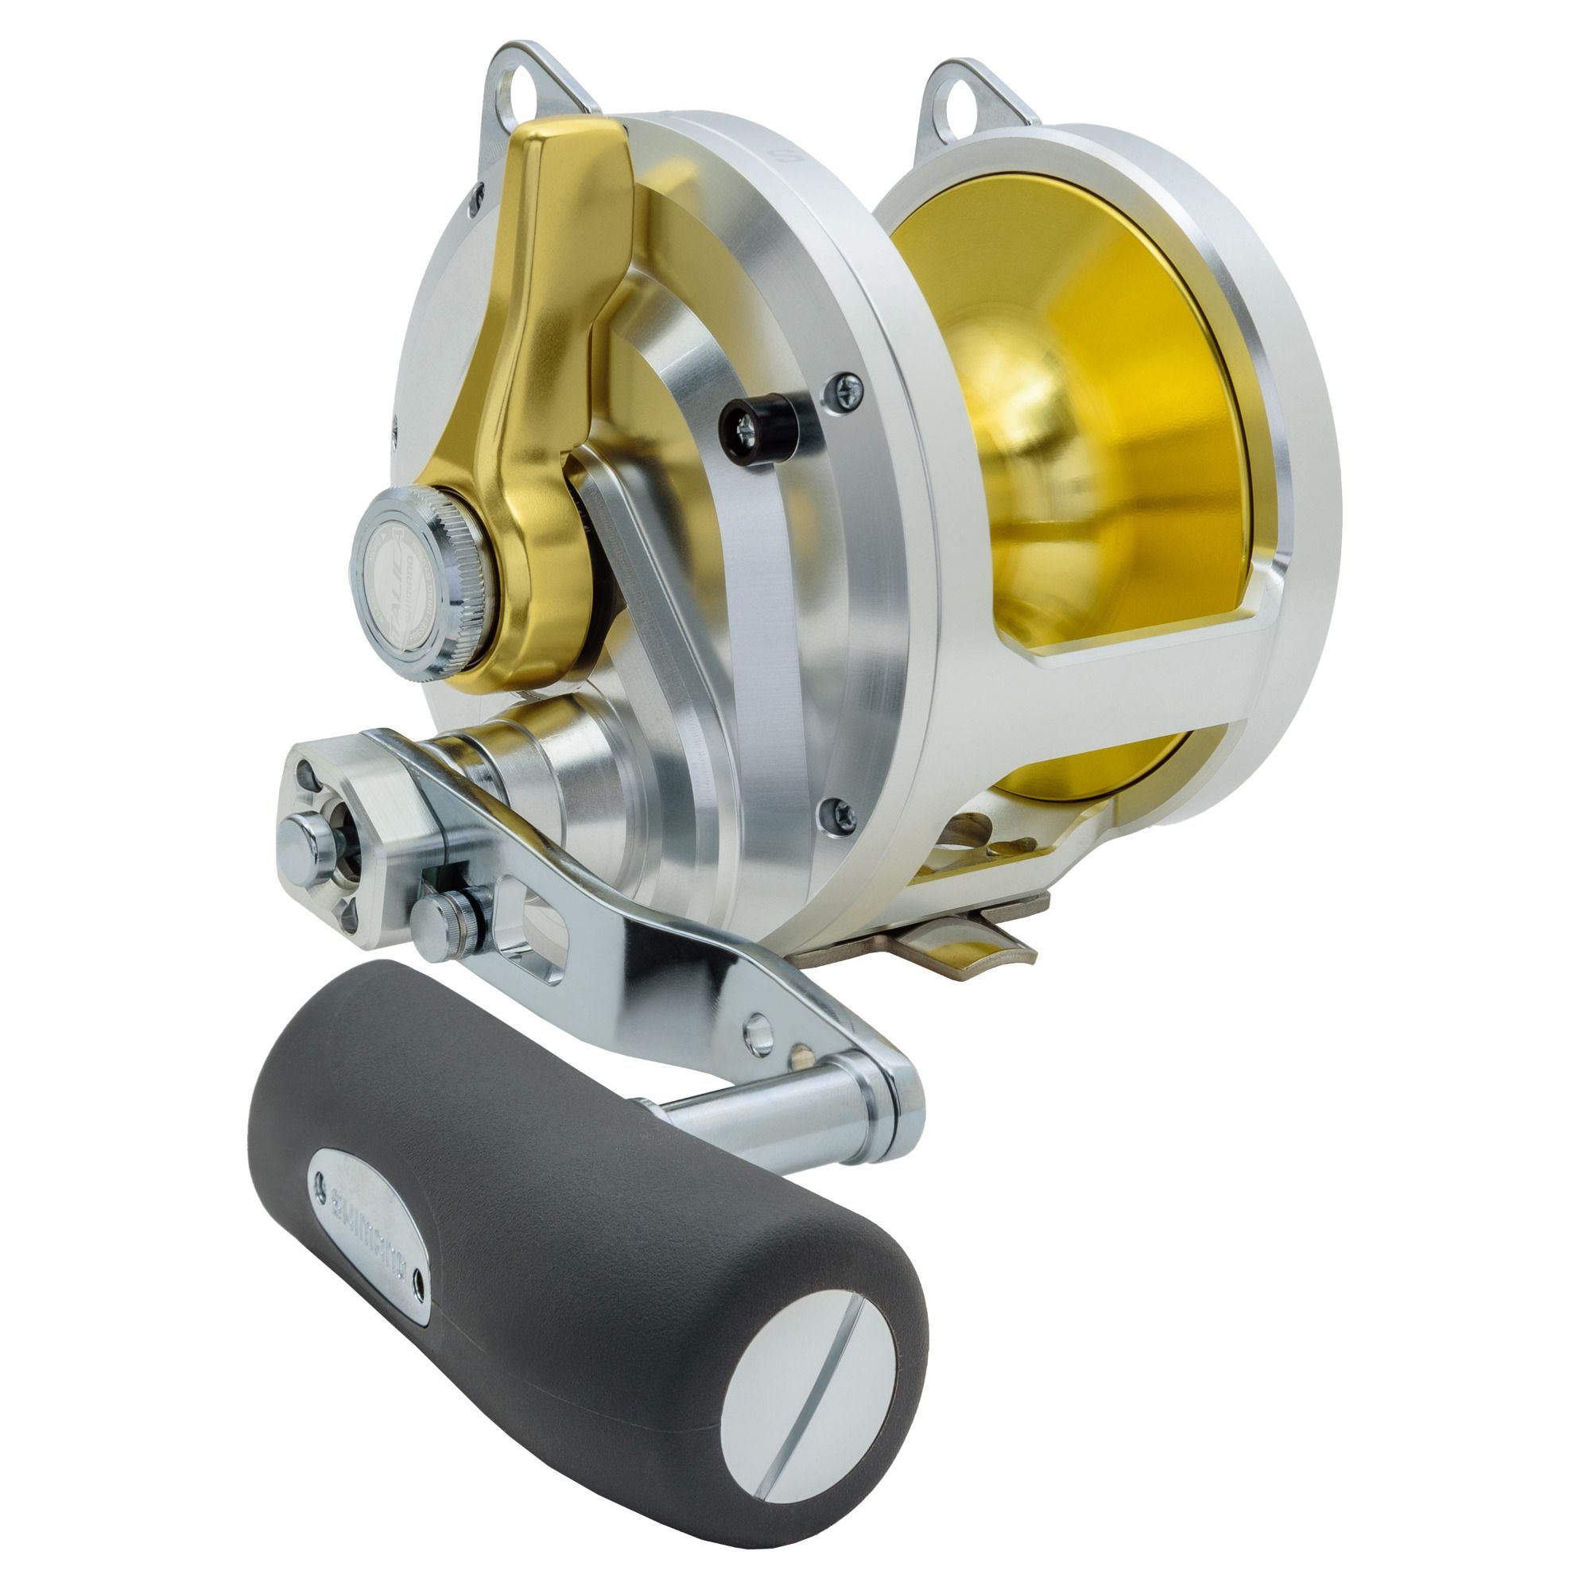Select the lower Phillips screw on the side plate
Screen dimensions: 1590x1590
pos(833,812)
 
